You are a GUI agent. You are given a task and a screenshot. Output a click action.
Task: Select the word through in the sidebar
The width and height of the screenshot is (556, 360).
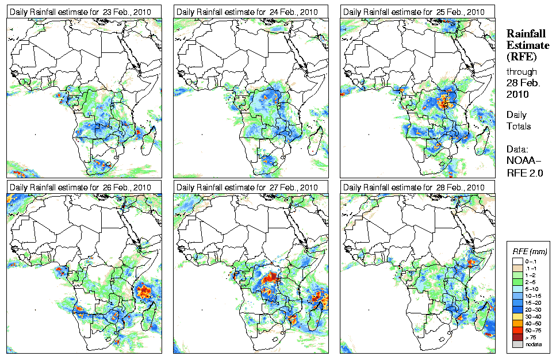(522, 72)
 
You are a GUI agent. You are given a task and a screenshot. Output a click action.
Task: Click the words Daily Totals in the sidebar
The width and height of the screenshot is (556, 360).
(519, 121)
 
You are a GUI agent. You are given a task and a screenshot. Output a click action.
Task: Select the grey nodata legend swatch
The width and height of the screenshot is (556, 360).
(517, 343)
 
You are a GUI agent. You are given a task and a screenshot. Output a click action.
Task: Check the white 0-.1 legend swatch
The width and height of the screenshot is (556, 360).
(517, 261)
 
